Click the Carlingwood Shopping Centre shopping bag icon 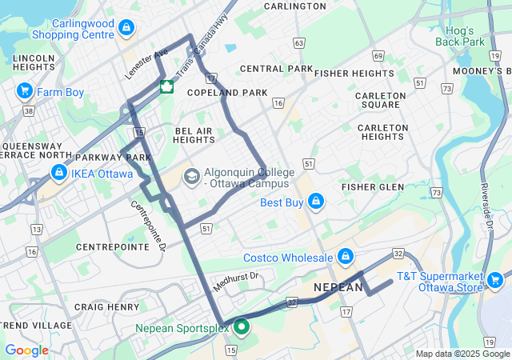(126, 28)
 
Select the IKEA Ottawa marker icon (58, 172)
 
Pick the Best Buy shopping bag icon (316, 201)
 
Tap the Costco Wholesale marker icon (346, 257)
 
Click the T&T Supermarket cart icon (495, 279)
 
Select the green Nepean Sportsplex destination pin (239, 327)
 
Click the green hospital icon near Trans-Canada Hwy (166, 86)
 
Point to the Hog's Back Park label (465, 36)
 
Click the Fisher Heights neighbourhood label (354, 73)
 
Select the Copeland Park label (227, 93)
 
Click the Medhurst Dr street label (237, 281)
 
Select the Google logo (26, 350)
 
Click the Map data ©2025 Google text (462, 354)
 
